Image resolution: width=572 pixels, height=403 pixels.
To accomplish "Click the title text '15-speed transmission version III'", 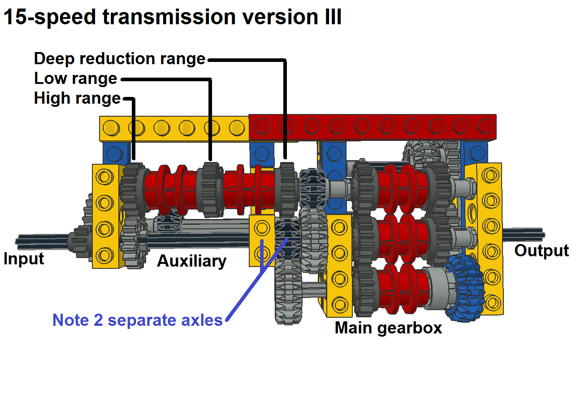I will (x=173, y=17).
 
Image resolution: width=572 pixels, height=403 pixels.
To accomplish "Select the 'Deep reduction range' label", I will (x=119, y=59).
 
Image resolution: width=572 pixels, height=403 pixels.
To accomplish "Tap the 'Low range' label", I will (x=75, y=79).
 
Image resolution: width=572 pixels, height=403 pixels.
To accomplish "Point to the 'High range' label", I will (x=77, y=98).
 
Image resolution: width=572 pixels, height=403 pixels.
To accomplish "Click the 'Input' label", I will (x=24, y=259).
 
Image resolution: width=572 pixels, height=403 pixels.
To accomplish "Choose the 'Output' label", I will (x=541, y=250).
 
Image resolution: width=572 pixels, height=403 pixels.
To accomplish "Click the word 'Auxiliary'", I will (x=191, y=261).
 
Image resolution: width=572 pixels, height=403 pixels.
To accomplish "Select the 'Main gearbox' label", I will (x=388, y=328).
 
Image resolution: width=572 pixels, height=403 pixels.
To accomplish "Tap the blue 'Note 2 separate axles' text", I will (x=137, y=320).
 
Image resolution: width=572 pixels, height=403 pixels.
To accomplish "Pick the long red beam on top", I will (x=372, y=127).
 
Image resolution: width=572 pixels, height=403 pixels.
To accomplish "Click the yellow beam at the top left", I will (x=174, y=128).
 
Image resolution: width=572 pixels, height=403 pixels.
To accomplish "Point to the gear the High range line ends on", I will (x=133, y=188).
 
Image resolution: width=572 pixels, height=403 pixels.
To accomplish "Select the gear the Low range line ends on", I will (x=210, y=188).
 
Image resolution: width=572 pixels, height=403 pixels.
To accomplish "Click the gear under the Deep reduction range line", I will (x=285, y=188).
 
